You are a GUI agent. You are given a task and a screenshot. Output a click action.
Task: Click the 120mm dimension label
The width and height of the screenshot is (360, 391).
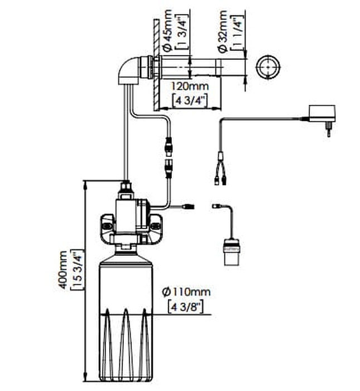(190, 86)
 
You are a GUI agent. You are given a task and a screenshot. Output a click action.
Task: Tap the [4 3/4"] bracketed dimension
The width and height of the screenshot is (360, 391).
(190, 101)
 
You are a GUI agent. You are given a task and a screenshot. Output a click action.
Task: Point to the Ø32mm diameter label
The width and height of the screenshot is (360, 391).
(223, 31)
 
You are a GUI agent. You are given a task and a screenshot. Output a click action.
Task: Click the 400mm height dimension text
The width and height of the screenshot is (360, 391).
(63, 270)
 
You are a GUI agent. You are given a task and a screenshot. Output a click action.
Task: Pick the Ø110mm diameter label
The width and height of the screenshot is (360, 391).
(186, 292)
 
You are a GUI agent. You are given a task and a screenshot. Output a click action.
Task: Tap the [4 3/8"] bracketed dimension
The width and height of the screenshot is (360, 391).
(186, 307)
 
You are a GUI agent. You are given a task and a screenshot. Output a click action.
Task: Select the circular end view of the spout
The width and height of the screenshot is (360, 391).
(268, 67)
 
